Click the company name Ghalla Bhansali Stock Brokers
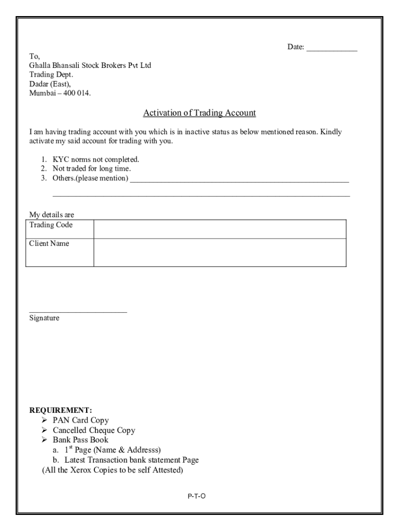coord(90,65)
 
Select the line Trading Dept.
coord(51,75)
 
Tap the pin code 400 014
coord(75,93)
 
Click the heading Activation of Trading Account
coord(199,113)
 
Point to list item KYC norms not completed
coord(96,160)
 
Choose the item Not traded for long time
coord(92,169)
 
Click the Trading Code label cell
coord(60,229)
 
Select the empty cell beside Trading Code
coord(220,229)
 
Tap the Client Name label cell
coord(60,253)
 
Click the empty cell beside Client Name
coord(220,253)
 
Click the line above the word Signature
coord(78,312)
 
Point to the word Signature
coord(44,318)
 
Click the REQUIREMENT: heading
coord(61,411)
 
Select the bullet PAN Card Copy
coord(81,421)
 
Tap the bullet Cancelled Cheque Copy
coord(94,430)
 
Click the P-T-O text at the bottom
coord(196,496)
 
